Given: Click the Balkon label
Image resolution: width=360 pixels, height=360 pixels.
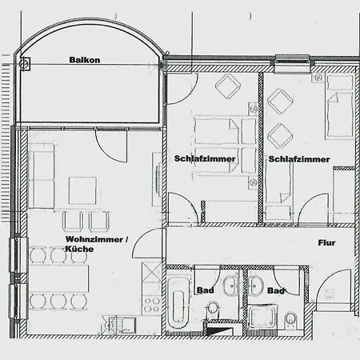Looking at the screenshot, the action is coord(85,60).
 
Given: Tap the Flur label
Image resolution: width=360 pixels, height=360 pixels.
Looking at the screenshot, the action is coord(326,242).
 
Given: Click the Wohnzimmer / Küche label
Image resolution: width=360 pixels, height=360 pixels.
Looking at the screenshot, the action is coord(97,244).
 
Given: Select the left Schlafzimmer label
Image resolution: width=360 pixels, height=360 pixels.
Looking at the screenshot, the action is coord(205,158).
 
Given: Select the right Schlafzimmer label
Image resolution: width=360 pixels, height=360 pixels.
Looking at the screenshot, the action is coord(299,159).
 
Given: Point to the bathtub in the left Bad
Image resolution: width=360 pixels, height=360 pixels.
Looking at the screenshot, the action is coord(178,303).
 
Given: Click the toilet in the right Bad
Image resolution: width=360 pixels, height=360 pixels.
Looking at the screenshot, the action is coord(290,320).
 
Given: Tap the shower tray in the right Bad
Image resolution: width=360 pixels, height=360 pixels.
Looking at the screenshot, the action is coord(262,318).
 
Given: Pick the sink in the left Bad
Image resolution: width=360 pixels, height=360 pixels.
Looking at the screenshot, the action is coord(230,286).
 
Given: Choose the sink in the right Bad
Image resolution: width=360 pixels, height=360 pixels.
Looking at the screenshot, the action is coord(255,286).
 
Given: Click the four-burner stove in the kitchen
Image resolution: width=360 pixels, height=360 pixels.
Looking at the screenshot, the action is coord(152,305).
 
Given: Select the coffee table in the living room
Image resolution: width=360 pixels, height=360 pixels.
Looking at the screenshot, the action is coord(82,190).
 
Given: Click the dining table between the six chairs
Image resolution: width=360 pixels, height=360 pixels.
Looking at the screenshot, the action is coord(59,278).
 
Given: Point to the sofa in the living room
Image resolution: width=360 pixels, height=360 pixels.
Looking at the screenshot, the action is coord(42,176).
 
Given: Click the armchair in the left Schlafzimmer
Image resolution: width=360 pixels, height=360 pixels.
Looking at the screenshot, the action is coord(228,86).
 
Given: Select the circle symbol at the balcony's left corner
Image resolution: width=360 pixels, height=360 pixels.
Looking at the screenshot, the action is coord(24,64).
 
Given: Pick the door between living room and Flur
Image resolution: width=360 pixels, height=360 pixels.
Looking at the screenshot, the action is coord(146,243).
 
